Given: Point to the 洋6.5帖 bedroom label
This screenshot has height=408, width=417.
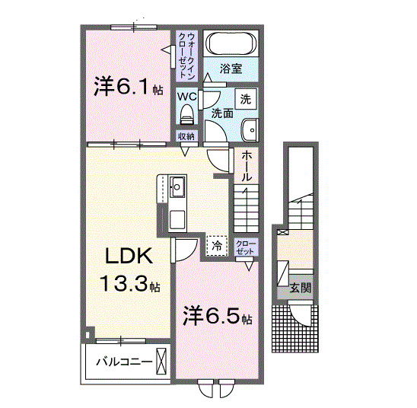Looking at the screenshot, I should (x=216, y=317).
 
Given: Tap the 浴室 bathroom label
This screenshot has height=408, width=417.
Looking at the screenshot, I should (x=231, y=69).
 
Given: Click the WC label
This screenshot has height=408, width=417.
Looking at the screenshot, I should (x=187, y=97).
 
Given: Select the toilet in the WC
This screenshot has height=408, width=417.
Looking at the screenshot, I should (x=186, y=116).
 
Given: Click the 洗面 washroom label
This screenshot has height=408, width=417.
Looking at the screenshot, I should (x=221, y=113).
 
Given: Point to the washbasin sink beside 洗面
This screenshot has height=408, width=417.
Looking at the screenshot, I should (x=250, y=130).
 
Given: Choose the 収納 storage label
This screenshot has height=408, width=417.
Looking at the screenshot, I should (x=186, y=136).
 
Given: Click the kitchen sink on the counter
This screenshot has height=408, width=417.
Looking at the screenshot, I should (x=177, y=186).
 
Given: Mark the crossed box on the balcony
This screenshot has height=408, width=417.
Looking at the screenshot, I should (x=162, y=359).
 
